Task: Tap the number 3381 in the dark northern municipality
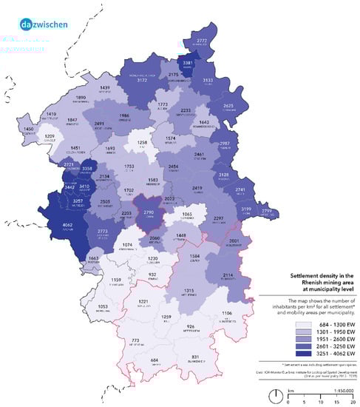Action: tap(188, 64)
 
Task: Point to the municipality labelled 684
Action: tap(154, 361)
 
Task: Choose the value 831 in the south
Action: tap(194, 357)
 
